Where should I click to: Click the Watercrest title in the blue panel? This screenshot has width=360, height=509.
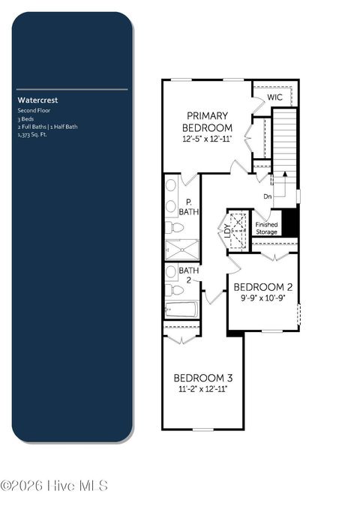pos(38,99)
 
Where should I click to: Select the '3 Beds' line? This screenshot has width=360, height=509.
pos(26,118)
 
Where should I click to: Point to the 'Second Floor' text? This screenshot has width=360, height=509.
pos(33,110)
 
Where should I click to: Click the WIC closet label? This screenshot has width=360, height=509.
pos(274,97)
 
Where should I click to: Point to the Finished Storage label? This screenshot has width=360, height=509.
pos(267,228)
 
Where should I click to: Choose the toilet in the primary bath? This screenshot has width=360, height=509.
pos(172,227)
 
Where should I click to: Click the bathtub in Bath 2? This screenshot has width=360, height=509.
pos(181,308)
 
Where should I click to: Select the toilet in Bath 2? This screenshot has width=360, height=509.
pos(172,289)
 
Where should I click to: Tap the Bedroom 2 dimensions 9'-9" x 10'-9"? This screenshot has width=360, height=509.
pos(262,298)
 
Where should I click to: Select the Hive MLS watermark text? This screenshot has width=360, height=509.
pos(54,486)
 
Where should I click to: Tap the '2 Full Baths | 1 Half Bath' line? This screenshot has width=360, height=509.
pos(48,127)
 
